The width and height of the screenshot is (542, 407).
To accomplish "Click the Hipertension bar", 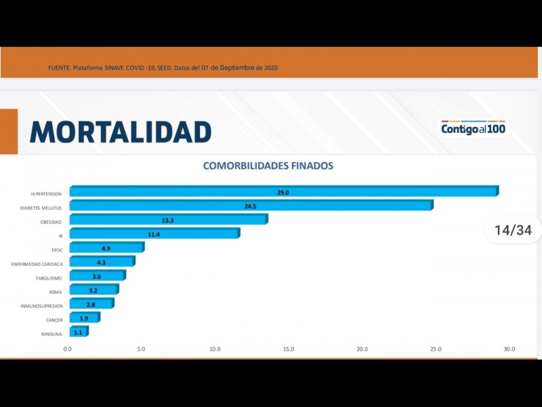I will click(283, 192).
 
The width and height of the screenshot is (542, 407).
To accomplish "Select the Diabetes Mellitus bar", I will click(251, 206).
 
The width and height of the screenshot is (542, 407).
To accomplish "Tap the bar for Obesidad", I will click(168, 220).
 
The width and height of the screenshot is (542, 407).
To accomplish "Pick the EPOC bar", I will click(106, 248).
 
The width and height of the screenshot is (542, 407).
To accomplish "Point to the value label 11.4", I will click(154, 234).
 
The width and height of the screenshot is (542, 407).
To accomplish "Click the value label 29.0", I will click(283, 193).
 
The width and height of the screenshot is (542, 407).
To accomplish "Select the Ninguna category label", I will click(52, 334).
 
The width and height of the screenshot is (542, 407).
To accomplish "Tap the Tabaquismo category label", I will click(49, 278).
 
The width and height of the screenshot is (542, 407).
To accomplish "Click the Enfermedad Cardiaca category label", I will click(37, 264).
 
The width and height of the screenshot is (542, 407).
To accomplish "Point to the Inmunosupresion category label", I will click(42, 306).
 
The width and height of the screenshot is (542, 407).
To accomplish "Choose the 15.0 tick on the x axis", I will click(289, 349).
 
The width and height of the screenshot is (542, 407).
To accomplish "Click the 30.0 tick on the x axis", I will click(509, 349).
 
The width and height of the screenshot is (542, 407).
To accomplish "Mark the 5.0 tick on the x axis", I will click(141, 349).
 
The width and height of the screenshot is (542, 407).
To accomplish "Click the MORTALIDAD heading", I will click(121, 132).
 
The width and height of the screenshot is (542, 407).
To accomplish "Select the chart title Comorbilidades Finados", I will click(268, 166).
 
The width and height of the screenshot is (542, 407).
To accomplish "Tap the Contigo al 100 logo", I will click(474, 128).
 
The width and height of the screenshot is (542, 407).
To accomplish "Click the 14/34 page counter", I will click(513, 230).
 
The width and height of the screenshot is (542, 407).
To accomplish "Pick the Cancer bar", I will click(84, 318).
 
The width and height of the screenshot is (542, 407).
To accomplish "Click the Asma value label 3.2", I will click(93, 290).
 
